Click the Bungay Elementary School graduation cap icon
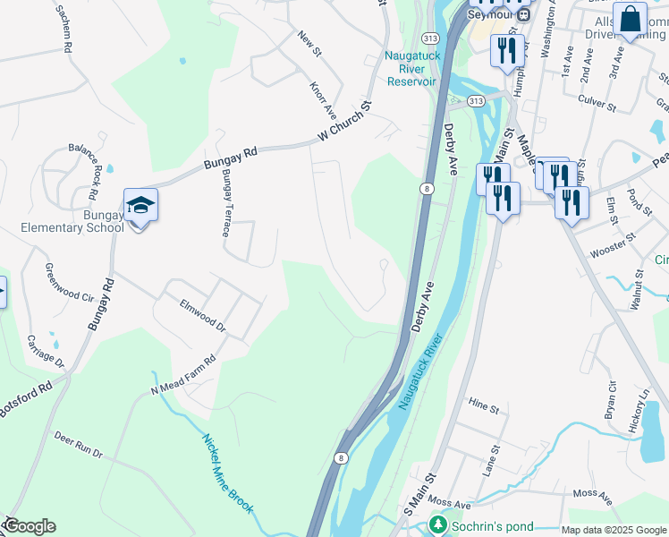click(x=140, y=206)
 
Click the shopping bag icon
click(x=630, y=20)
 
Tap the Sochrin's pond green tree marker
click(x=437, y=524)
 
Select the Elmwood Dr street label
click(x=202, y=315)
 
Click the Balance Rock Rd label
click(x=87, y=169)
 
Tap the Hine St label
click(x=483, y=407)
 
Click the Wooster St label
click(x=613, y=245)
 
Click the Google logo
click(x=30, y=526)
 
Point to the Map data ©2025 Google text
click(x=613, y=530)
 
